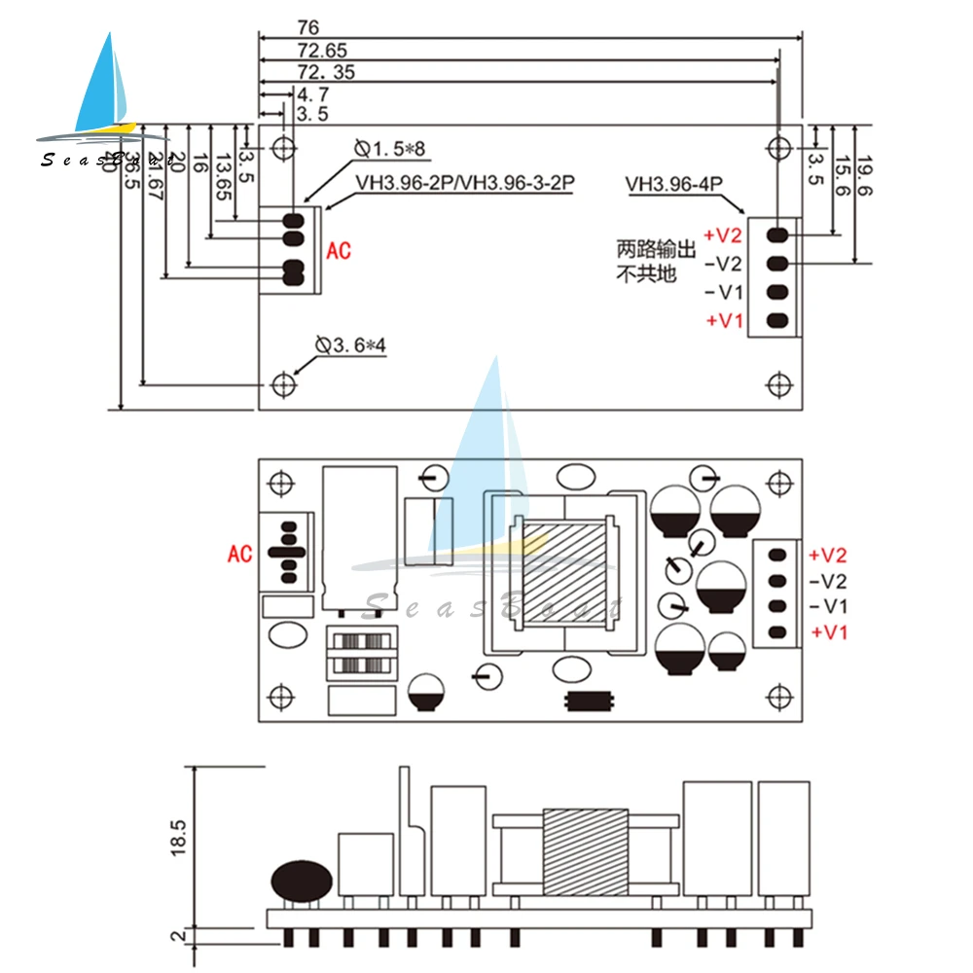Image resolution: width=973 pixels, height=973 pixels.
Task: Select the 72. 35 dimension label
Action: pyautogui.click(x=326, y=72)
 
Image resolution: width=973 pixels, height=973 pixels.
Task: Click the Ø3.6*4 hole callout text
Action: pyautogui.click(x=350, y=345)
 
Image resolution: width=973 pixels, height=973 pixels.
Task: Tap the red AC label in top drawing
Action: pyautogui.click(x=339, y=251)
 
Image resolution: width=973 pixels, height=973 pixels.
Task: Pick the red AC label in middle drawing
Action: pyautogui.click(x=239, y=554)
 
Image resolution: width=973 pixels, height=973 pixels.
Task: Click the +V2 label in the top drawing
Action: pyautogui.click(x=723, y=234)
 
